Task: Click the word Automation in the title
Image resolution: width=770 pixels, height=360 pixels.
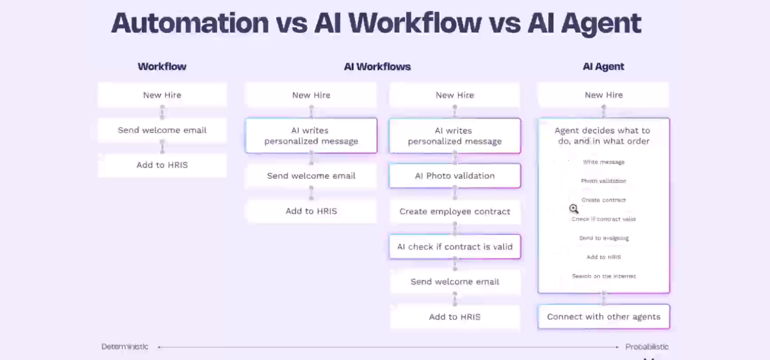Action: click(190, 23)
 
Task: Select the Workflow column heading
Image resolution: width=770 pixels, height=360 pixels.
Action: click(162, 67)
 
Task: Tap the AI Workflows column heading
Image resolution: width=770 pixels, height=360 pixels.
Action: click(377, 67)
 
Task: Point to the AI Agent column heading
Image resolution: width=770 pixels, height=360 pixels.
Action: click(603, 67)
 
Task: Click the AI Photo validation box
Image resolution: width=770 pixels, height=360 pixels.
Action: click(455, 176)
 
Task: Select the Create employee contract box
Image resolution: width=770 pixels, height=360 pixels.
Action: click(455, 211)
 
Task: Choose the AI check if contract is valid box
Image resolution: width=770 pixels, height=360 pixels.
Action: click(455, 247)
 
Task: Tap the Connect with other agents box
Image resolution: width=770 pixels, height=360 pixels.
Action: click(604, 317)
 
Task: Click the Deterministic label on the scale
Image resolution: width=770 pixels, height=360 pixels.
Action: click(125, 346)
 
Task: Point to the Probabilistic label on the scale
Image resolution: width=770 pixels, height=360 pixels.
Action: click(647, 346)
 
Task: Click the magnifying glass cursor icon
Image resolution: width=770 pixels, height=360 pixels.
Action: click(573, 208)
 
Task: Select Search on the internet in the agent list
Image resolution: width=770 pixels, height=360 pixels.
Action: click(604, 276)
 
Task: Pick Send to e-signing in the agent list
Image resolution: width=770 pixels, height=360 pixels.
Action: click(604, 238)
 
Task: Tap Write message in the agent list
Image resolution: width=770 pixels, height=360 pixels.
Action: click(604, 162)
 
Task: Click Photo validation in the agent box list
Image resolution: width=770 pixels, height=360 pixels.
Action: click(604, 181)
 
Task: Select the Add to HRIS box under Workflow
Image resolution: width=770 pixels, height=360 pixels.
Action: click(162, 165)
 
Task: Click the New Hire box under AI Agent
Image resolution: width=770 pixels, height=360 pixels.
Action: click(604, 95)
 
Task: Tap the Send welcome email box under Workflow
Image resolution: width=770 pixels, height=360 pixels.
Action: click(162, 130)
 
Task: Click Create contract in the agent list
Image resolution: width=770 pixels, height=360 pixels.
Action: click(604, 200)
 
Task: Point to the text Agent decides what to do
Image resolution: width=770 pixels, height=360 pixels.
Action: click(603, 135)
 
